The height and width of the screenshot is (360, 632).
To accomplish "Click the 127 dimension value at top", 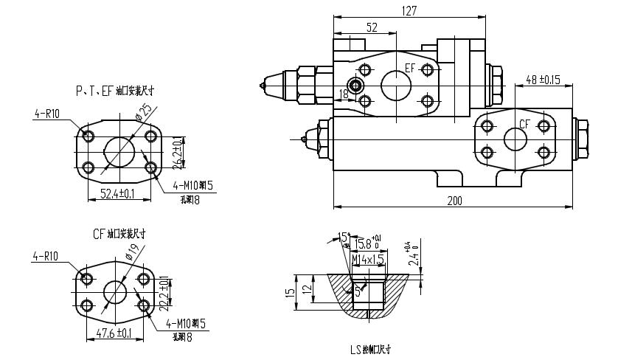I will [410, 10].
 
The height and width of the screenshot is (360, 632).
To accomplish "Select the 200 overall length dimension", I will [454, 200].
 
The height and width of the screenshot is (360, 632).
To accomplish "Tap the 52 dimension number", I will [372, 27].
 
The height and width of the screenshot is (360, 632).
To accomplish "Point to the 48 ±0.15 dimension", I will [543, 80].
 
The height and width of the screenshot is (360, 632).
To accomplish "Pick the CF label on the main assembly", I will [525, 123].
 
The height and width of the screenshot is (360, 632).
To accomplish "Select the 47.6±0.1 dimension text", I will [114, 333].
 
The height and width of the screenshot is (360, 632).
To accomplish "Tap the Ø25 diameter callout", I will [145, 112].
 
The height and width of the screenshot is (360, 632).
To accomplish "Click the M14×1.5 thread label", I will [368, 260].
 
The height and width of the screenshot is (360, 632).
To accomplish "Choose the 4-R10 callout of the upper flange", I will [46, 114].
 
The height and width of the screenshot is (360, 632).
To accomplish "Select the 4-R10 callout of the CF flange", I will [46, 257].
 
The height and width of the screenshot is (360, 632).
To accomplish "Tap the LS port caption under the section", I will [370, 350].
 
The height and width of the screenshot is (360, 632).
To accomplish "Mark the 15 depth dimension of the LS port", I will [291, 291].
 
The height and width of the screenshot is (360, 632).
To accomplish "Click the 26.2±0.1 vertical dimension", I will [176, 151].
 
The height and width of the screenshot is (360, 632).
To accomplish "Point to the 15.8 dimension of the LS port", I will [363, 244].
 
